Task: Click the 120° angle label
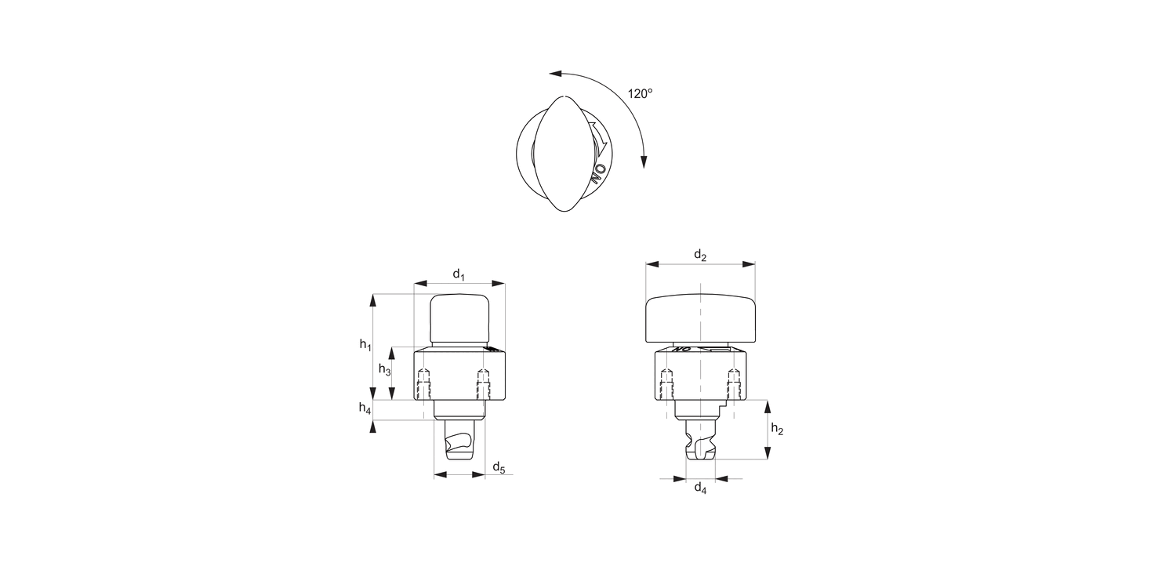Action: (x=640, y=93)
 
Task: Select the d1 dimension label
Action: (x=459, y=274)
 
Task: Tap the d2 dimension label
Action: (x=700, y=255)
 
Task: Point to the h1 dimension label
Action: (x=365, y=345)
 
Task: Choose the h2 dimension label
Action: (x=777, y=429)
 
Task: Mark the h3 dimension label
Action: (x=385, y=369)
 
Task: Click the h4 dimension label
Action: (x=365, y=408)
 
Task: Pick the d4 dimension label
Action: (x=700, y=489)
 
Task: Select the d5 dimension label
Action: (x=499, y=468)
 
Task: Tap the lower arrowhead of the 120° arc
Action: (x=644, y=162)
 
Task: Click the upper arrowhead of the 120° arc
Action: (x=555, y=74)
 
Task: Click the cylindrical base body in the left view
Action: (x=459, y=375)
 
